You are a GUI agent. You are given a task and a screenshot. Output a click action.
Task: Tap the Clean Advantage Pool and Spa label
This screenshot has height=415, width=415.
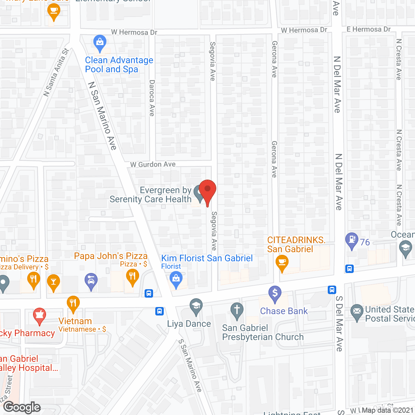click(x=119, y=65)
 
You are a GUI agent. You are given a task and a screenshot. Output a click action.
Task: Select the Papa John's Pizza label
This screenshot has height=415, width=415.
click(x=111, y=256)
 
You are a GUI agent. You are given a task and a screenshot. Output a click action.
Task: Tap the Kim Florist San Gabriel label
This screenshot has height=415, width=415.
click(x=207, y=258)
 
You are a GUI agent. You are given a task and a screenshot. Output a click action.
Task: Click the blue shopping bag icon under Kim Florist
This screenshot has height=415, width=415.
click(x=176, y=279)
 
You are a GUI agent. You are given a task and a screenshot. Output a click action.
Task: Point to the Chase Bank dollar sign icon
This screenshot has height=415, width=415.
click(x=275, y=294)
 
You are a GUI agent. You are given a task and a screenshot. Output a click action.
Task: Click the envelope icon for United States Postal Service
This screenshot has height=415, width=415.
click(x=357, y=312)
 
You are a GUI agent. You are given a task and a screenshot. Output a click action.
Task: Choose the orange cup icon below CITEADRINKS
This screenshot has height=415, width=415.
click(x=282, y=262)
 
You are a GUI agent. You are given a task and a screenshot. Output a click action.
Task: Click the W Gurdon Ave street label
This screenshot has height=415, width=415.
click(x=153, y=164)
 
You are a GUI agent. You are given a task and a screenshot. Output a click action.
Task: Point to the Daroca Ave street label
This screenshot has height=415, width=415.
click(x=152, y=98)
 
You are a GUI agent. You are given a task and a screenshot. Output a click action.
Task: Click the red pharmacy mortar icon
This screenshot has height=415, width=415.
click(x=40, y=315)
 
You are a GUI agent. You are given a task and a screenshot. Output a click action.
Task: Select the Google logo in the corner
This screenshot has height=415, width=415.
click(x=22, y=407)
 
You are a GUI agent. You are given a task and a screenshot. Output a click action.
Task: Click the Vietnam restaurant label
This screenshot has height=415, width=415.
click(x=75, y=321)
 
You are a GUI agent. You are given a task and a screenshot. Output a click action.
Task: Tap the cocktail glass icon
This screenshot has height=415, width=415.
click(x=53, y=282)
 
